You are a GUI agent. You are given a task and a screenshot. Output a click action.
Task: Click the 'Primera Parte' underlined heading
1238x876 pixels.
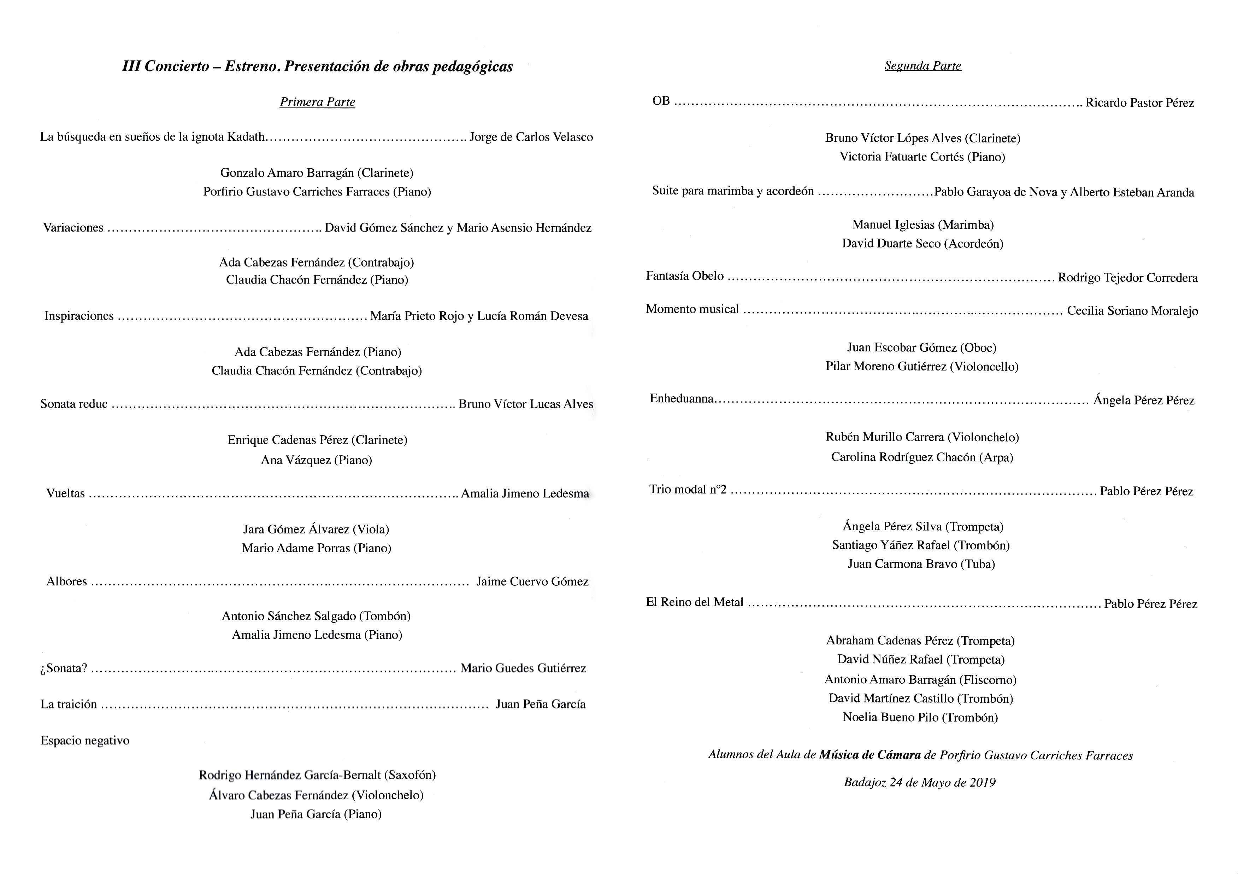click(317, 102)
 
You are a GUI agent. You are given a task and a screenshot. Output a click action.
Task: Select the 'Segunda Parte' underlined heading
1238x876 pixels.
click(922, 66)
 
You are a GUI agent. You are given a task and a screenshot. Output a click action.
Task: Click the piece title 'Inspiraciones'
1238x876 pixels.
click(79, 316)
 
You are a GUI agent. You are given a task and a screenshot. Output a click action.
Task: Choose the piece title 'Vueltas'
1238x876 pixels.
click(66, 494)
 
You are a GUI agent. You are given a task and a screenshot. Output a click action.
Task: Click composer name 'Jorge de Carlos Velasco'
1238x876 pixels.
click(531, 137)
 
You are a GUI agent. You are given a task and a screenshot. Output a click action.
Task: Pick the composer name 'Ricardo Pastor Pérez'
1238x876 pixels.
click(1139, 103)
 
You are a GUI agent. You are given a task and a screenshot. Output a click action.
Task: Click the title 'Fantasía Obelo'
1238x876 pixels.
click(685, 276)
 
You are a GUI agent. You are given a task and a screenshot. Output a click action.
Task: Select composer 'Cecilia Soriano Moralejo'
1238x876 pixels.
click(1132, 311)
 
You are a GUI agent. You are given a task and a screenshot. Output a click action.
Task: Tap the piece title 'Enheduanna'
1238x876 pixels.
click(682, 399)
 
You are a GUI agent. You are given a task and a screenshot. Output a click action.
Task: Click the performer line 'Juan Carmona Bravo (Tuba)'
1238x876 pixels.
click(921, 564)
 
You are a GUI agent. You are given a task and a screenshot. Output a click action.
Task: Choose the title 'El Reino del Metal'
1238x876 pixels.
click(695, 602)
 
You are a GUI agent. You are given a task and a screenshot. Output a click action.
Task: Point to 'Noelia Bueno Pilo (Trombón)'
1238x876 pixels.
click(920, 717)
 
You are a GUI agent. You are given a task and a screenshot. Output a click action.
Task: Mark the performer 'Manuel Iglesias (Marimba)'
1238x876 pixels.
click(922, 225)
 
